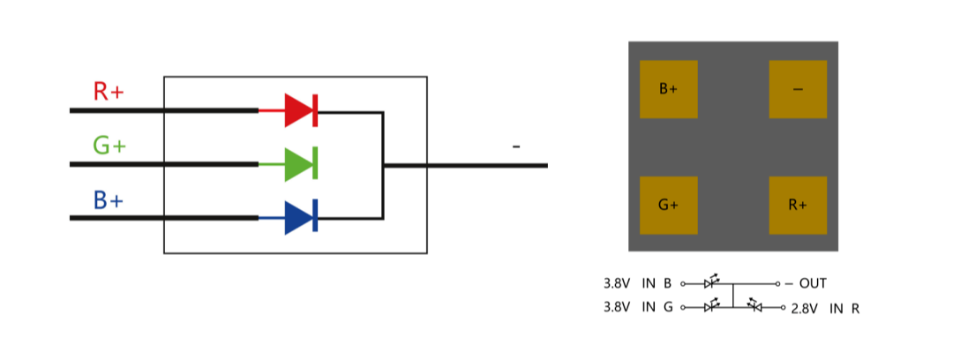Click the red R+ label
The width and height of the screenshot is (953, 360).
[x=108, y=91]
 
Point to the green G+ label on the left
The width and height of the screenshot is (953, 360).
[x=109, y=146]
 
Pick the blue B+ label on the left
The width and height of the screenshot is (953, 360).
[x=108, y=200]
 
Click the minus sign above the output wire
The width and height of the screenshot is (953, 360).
[x=516, y=146]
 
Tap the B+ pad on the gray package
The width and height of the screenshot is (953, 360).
[x=668, y=89]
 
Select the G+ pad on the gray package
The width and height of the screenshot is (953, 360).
[x=668, y=205]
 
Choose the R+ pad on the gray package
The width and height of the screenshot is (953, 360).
[x=798, y=205]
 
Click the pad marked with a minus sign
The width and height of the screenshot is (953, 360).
[x=798, y=89]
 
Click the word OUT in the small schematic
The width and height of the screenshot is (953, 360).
[x=813, y=284]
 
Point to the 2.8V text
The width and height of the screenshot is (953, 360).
[x=807, y=309]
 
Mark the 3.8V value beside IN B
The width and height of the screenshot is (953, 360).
[x=617, y=284]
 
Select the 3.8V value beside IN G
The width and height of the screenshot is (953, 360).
[x=617, y=307]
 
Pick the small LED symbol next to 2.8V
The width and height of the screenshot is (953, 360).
[x=754, y=306]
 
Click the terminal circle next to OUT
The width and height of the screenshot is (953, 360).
[x=777, y=284]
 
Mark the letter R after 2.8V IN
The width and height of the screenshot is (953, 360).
[x=855, y=309]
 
